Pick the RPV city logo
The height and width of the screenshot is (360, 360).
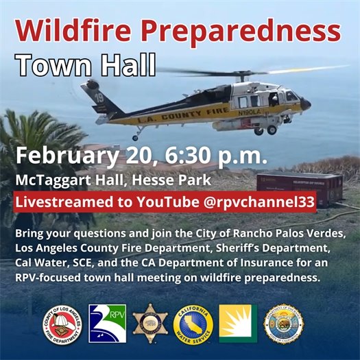(106, 324)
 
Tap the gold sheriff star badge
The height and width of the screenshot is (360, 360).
(149, 324)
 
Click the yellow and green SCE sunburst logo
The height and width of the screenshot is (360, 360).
(237, 324)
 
